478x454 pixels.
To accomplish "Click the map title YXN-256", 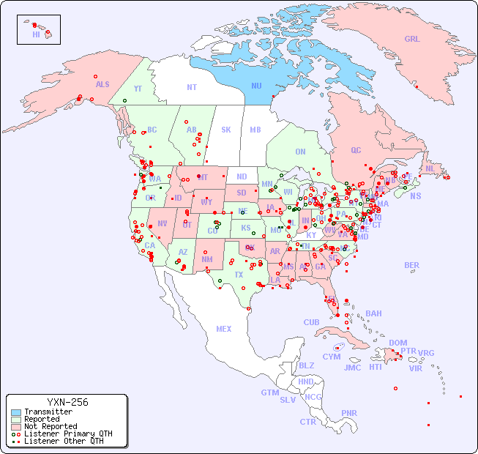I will coord(67,402).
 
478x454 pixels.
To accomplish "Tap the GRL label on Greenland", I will coord(412,40).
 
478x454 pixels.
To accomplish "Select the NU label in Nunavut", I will coord(256,86).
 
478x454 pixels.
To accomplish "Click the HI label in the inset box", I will coord(36,34).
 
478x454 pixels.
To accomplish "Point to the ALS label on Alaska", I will coord(102,84).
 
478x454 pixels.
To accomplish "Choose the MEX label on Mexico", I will coord(223,329).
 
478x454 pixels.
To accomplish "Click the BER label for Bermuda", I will coord(411,265).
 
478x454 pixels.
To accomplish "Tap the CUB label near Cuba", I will coord(311,322).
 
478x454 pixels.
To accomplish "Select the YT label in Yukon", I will coord(138,88).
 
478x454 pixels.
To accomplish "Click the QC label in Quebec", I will coord(356,150).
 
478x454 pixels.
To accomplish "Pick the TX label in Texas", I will coord(239,275).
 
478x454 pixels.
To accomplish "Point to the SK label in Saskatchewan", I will coord(226,130).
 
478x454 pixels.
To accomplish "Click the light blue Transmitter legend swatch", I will coord(16,412).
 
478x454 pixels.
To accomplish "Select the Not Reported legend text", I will coord(51,426).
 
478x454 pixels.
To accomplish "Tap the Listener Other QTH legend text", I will coord(64,441).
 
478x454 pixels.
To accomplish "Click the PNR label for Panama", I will coord(349,413).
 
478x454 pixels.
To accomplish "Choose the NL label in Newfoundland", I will coord(430,168).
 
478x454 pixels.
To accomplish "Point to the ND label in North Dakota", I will coord(242,176).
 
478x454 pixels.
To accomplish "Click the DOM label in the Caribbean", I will coord(397,343).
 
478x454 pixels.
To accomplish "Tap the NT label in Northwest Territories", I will coord(191,86).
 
